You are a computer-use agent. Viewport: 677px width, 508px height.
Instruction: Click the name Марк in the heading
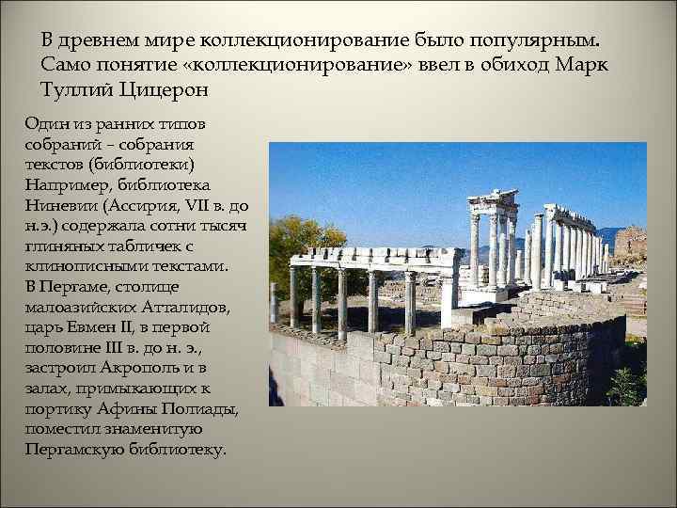coord(585,67)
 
